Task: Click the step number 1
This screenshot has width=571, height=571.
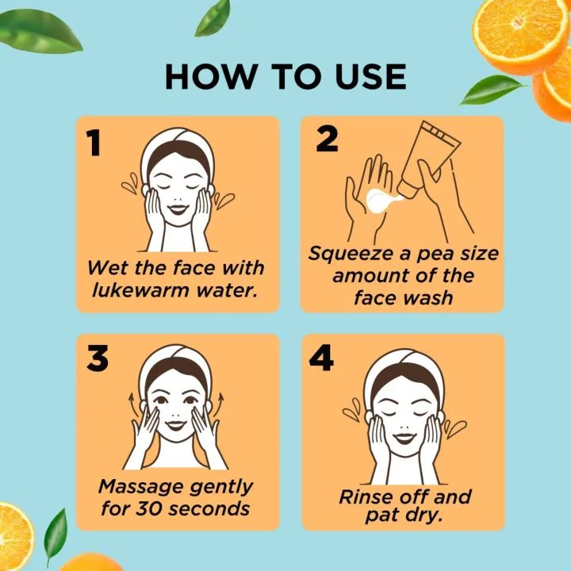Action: pyautogui.click(x=94, y=143)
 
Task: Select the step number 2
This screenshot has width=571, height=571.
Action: pyautogui.click(x=327, y=139)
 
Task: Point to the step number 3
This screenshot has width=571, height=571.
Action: pyautogui.click(x=98, y=358)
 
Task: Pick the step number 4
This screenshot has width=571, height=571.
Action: pyautogui.click(x=321, y=358)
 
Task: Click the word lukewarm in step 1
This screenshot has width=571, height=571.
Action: pyautogui.click(x=140, y=290)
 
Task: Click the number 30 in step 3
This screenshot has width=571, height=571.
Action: pyautogui.click(x=149, y=508)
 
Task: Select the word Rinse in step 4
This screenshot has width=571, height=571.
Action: pyautogui.click(x=366, y=496)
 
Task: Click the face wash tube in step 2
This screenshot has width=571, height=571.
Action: pyautogui.click(x=428, y=159)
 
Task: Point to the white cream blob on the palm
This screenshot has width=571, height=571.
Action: pyautogui.click(x=381, y=201)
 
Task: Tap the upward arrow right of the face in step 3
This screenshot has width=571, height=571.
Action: pyautogui.click(x=218, y=404)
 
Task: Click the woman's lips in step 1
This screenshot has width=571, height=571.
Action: pyautogui.click(x=178, y=209)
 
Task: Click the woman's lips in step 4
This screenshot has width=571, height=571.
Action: pyautogui.click(x=404, y=438)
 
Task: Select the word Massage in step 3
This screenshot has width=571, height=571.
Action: pyautogui.click(x=140, y=487)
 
